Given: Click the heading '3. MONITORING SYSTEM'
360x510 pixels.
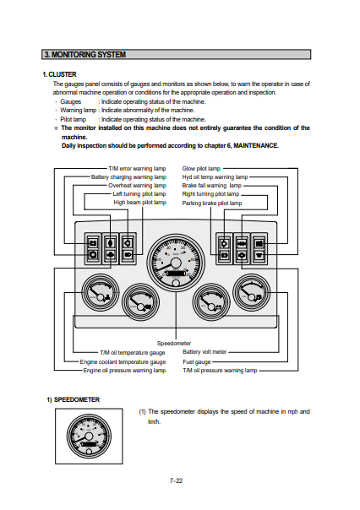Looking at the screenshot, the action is (x=85, y=55).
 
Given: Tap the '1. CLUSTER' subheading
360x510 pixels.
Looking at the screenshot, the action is (x=59, y=74).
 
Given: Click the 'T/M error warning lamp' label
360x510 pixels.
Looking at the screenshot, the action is (x=137, y=169).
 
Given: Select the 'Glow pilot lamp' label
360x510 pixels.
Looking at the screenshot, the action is (x=201, y=169).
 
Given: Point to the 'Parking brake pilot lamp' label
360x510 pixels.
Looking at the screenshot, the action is (x=212, y=203).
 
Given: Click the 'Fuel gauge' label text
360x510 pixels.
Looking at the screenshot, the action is (x=197, y=362).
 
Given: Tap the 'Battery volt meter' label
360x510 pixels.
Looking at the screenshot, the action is (x=205, y=352).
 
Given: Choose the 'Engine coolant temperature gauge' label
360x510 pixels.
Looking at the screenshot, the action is (x=123, y=362).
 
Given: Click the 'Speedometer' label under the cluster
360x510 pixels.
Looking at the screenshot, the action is (x=174, y=343).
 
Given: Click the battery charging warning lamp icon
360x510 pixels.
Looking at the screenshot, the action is (x=93, y=243).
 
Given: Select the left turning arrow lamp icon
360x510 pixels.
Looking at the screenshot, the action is (x=128, y=243).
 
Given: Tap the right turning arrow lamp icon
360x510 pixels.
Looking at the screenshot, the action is (x=224, y=243).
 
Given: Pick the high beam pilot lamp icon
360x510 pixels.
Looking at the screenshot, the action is (x=128, y=255).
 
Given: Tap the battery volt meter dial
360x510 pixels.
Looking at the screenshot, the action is (x=211, y=302).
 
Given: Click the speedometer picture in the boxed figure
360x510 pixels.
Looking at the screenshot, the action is (x=89, y=437).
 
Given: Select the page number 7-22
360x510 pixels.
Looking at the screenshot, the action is (x=176, y=480).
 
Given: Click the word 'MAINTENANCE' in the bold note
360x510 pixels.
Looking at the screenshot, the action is (x=255, y=146).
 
